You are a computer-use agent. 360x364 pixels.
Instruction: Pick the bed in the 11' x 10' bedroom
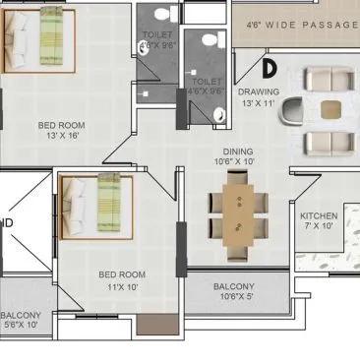[92, 208]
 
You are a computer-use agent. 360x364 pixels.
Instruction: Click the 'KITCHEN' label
[318, 216]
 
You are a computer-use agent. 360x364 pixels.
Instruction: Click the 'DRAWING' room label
[259, 91]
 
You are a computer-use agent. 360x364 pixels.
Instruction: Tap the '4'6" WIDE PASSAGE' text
[301, 23]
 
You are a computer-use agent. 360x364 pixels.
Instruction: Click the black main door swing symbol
[270, 67]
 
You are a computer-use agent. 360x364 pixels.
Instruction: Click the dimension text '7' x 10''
[319, 227]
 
